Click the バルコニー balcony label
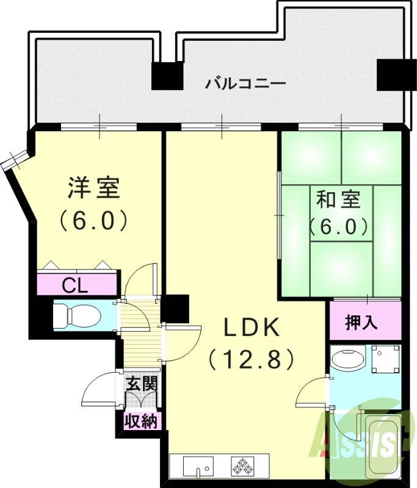tap(245, 82)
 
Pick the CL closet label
tap(76, 285)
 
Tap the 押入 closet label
tap(361, 322)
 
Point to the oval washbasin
tap(347, 359)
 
